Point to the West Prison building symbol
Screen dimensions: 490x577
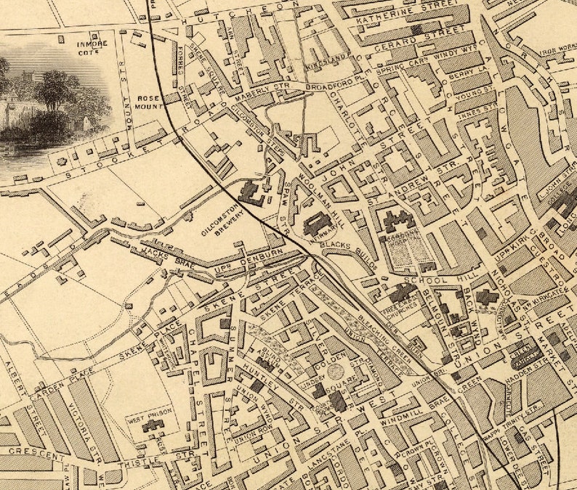[x=153, y=427]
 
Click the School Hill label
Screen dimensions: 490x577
[x=429, y=281]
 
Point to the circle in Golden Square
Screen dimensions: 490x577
[x=335, y=372]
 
